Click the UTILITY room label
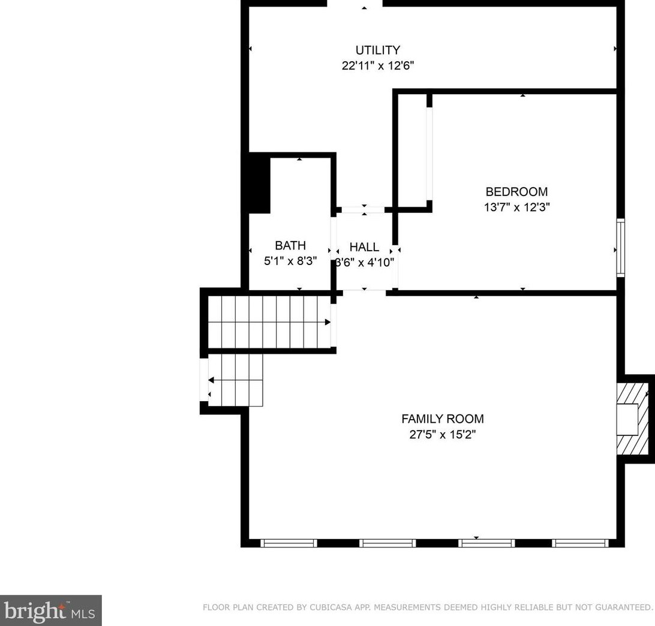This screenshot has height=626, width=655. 377,50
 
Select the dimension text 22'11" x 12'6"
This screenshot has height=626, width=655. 377,66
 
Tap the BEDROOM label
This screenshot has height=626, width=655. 516,192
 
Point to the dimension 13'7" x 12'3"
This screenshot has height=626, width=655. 516,207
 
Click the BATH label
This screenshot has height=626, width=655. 290,245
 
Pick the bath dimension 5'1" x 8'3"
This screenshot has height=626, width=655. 290,261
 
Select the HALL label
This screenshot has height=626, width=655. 364,247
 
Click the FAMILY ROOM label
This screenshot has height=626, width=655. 442,419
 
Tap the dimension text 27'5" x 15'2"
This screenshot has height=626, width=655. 442,435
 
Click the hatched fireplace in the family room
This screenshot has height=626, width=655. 635,419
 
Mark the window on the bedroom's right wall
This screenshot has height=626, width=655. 621,248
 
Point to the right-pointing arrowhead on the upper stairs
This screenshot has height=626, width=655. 327,322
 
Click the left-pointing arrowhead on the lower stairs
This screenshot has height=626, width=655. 212,380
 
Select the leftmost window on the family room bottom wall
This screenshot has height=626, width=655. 289,543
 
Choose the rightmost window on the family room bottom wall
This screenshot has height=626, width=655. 580,543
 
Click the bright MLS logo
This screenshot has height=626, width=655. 50,610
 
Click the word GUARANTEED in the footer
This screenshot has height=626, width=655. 621,607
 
